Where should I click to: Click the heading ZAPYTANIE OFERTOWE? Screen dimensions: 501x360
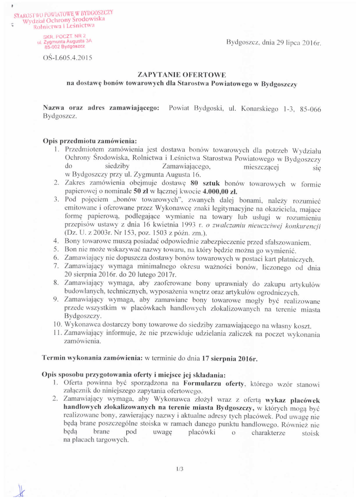point(181,75)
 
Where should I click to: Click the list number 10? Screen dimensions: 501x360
point(57,325)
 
